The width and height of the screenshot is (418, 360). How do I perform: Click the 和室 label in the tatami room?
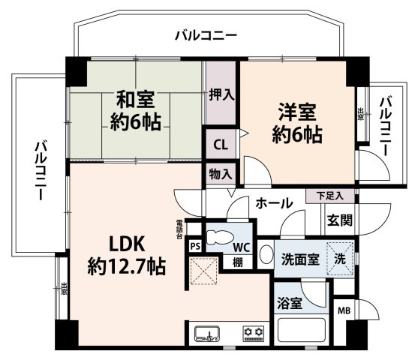pos(136,99)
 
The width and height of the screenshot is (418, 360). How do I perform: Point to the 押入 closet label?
pos(221,95)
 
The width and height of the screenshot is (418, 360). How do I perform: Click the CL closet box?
pos(220,144)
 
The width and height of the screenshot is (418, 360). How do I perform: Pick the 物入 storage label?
pos(221,174)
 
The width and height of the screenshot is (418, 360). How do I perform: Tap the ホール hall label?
pos(273,202)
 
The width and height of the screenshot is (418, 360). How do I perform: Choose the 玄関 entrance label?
pos(338,220)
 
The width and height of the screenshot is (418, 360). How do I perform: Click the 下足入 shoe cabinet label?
pos(329,196)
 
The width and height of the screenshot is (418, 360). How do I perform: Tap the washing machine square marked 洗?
pos(340,259)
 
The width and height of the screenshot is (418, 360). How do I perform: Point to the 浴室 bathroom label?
pos(288,304)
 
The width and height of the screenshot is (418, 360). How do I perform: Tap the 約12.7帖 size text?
pos(125,265)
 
